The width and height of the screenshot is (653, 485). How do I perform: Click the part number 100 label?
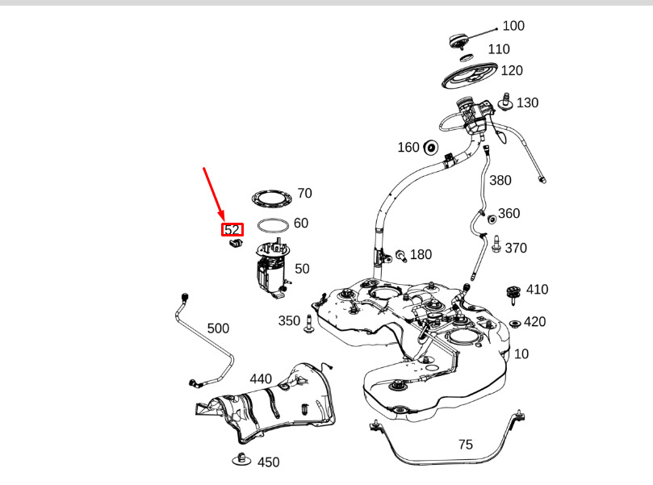513,26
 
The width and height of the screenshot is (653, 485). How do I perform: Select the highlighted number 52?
232,229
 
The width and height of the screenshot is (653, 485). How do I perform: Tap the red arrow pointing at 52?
214,194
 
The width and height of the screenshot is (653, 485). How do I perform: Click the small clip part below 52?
236,243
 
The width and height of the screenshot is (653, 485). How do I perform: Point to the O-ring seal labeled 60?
273,226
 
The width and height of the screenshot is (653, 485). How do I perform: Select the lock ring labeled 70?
271,199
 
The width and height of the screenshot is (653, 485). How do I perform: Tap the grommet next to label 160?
430,148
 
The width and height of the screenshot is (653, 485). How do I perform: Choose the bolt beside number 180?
400,256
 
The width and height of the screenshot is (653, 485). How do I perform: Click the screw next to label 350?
308,324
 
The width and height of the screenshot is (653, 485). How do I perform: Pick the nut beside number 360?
492,219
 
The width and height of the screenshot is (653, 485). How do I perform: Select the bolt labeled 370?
496,244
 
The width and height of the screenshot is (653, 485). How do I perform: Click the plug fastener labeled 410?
513,295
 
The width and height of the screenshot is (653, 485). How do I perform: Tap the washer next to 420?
515,323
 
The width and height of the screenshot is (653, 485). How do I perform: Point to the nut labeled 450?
241,459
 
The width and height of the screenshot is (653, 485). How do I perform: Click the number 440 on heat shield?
261,378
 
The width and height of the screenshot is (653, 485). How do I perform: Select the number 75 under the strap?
466,445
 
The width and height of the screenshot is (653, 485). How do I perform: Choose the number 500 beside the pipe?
218,328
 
